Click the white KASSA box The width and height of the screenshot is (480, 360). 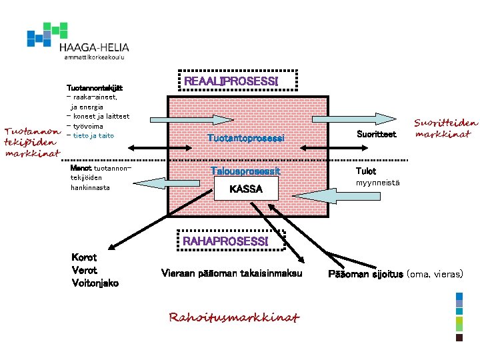tap(246, 189)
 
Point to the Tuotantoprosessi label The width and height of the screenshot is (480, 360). tap(246, 138)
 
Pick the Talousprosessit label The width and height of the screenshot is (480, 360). tap(246, 171)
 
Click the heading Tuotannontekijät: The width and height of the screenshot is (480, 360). tap(95, 88)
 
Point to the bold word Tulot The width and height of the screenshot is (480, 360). tap(365, 171)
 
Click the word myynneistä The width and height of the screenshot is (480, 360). tap(377, 183)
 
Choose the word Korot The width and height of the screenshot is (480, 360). tap(83, 257)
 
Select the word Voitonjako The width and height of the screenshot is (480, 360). tap(95, 283)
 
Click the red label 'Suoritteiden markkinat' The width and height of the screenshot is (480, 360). tap(446, 128)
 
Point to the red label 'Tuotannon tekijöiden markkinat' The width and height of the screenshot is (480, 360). tap(32, 141)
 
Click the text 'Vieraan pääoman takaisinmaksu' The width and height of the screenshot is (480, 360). tap(232, 273)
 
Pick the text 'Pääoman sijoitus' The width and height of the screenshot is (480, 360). tap(365, 275)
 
